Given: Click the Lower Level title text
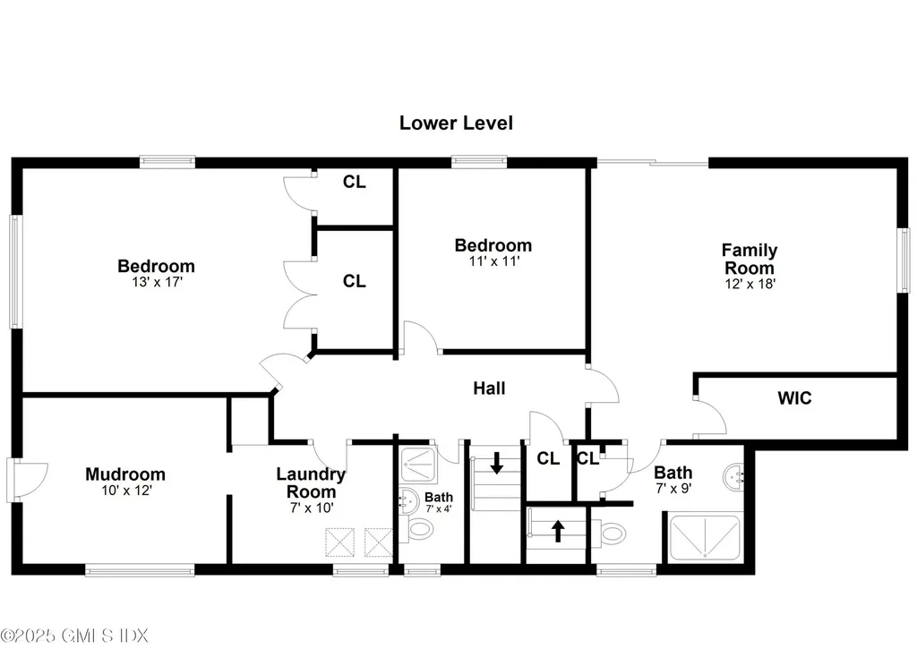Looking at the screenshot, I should [x=456, y=124].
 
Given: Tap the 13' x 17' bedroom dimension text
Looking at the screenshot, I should [x=156, y=282].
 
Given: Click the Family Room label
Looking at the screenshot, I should [x=750, y=259].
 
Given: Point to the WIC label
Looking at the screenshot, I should [x=794, y=398].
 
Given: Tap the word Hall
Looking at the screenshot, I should [x=489, y=388].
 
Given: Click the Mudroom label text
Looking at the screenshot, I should [x=125, y=474].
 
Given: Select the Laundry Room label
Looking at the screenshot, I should [x=311, y=483].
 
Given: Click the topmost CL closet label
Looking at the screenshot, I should [x=355, y=183].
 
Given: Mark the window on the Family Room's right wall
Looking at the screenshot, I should [x=902, y=260].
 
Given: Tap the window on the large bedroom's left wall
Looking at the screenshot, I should [x=14, y=271].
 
